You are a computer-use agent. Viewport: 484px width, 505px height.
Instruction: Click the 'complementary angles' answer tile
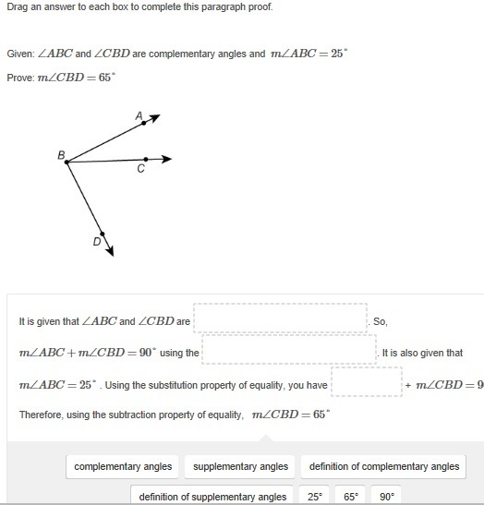123,466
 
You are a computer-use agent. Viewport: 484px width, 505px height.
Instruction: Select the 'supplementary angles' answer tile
240,466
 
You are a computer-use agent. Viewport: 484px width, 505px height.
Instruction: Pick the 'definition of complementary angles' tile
384,466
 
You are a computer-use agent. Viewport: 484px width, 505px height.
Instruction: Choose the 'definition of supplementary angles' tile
212,496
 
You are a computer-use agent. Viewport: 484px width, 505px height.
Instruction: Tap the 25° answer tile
314,496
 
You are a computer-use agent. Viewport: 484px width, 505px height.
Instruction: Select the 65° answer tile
351,496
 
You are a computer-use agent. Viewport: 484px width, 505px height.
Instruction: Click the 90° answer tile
386,496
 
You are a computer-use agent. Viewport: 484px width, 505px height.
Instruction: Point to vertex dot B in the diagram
67,162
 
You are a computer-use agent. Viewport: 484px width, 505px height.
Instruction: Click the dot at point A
144,123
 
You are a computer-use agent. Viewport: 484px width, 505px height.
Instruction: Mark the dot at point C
146,159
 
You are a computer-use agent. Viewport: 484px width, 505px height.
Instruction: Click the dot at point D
103,234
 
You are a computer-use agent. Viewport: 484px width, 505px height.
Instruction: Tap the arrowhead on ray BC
167,159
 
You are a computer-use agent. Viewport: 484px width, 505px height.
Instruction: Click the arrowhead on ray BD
110,251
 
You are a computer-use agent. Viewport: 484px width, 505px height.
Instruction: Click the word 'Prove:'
20,78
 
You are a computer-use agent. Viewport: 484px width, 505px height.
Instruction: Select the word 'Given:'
20,54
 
